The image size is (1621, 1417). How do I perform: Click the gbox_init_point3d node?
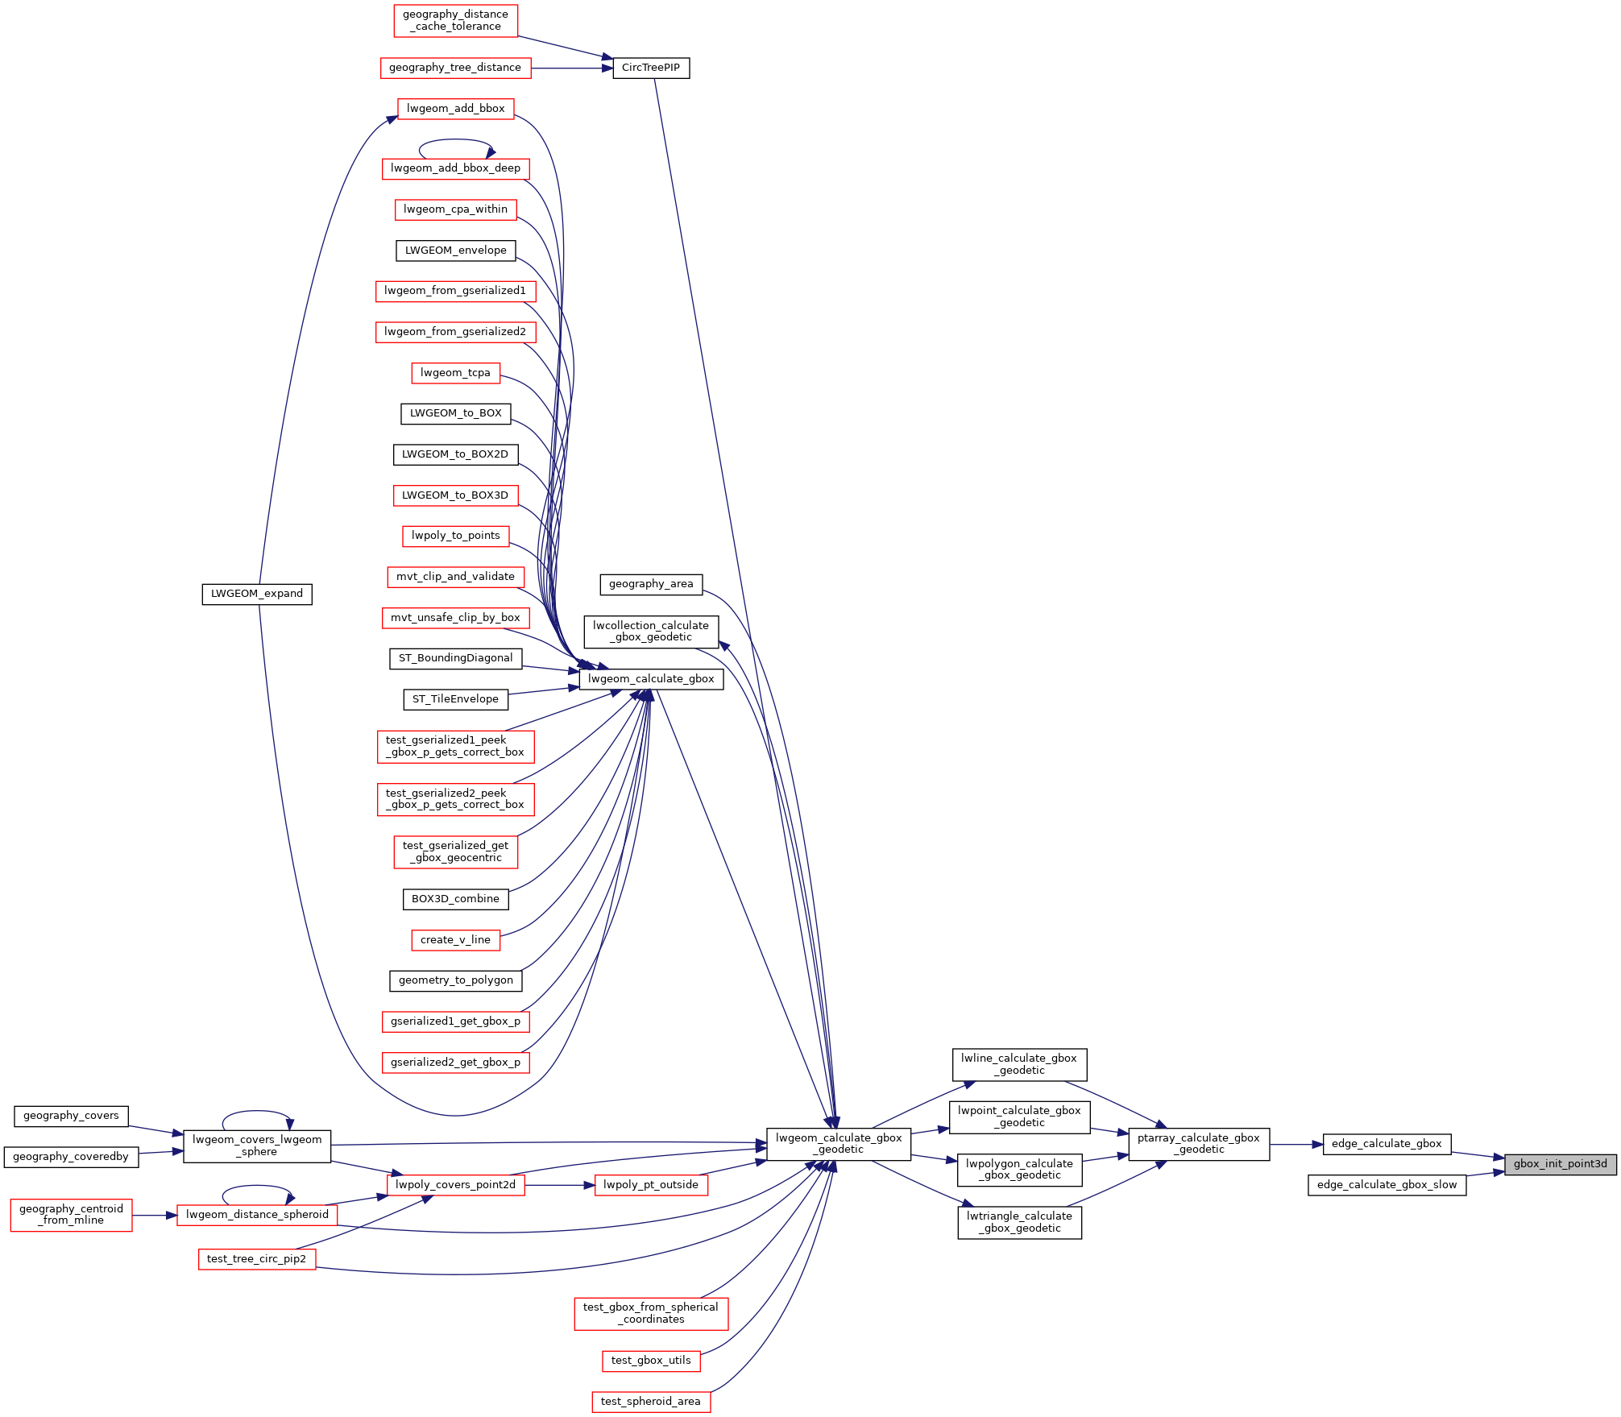point(1560,1164)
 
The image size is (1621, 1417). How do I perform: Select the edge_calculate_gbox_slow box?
point(1387,1185)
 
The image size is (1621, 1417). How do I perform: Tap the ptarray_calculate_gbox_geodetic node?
point(1199,1144)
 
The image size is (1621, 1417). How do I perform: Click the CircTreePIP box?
point(651,68)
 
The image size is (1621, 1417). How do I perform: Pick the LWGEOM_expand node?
point(257,594)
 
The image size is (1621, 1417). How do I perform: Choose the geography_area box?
point(651,584)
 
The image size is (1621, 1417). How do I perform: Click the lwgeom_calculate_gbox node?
point(651,679)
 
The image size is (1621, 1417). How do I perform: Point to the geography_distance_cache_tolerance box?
point(455,20)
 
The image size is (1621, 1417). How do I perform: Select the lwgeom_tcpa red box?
point(455,373)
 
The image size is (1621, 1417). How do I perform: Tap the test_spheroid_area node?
point(651,1402)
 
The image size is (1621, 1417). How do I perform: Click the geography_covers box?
point(71,1116)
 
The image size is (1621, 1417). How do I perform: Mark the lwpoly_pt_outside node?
point(651,1185)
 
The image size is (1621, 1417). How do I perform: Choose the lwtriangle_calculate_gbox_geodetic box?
point(1019,1222)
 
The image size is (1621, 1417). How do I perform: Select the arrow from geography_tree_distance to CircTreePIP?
point(572,68)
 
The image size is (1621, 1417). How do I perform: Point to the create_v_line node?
point(455,940)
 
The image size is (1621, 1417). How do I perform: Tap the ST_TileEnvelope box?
point(455,699)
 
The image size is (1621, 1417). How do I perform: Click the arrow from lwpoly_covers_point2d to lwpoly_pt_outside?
point(559,1185)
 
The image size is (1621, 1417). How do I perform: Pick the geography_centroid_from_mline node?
point(71,1214)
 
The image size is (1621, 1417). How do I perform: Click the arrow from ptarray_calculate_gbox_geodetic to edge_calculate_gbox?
point(1296,1144)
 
